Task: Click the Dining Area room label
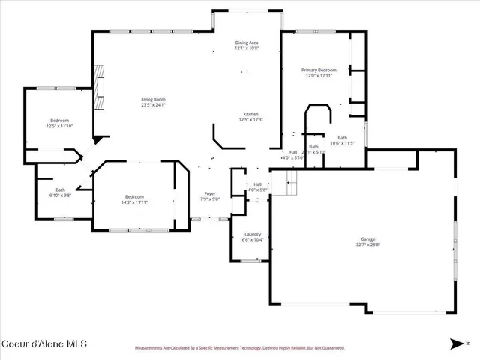click(247, 43)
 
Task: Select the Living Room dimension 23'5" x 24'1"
click(154, 105)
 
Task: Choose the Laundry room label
click(252, 234)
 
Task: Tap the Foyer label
click(209, 194)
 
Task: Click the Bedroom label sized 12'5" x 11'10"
click(60, 121)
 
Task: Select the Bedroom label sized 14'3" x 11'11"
click(135, 197)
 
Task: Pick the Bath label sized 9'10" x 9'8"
click(60, 190)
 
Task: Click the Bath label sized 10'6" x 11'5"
click(342, 138)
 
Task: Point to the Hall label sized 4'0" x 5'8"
click(257, 184)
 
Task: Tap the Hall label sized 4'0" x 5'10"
click(293, 152)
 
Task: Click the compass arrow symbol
click(456, 343)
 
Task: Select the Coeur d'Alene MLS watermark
click(45, 344)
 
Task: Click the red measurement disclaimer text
click(239, 348)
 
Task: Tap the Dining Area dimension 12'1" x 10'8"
click(247, 49)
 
